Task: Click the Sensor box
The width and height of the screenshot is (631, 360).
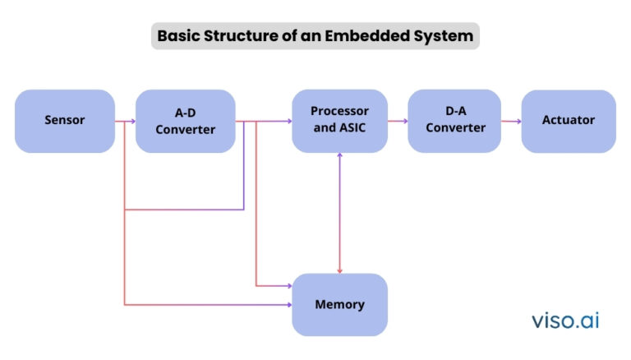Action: pyautogui.click(x=65, y=121)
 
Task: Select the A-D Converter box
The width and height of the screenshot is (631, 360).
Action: pyautogui.click(x=186, y=121)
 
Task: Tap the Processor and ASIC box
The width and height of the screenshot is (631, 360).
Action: pyautogui.click(x=339, y=121)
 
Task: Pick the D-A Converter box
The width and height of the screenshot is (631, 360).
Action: pyautogui.click(x=454, y=121)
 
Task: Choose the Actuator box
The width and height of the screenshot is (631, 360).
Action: pyautogui.click(x=569, y=121)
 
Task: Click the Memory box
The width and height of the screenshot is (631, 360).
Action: pyautogui.click(x=339, y=304)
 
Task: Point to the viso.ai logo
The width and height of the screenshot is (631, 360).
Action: pyautogui.click(x=565, y=321)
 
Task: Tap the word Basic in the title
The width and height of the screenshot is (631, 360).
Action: pyautogui.click(x=178, y=36)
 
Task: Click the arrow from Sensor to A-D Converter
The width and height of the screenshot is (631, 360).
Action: pyautogui.click(x=125, y=121)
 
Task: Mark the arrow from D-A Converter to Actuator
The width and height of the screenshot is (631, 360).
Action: pyautogui.click(x=511, y=121)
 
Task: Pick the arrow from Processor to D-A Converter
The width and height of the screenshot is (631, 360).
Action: pyautogui.click(x=398, y=121)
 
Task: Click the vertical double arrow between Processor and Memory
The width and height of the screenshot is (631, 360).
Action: pyautogui.click(x=339, y=213)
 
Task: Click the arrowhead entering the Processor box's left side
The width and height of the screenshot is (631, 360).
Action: pyautogui.click(x=289, y=121)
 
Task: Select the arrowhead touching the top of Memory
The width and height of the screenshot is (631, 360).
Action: pyautogui.click(x=339, y=271)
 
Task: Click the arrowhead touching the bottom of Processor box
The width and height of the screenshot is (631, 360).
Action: pyautogui.click(x=339, y=155)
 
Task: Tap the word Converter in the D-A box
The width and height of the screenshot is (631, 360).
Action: pyautogui.click(x=455, y=127)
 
